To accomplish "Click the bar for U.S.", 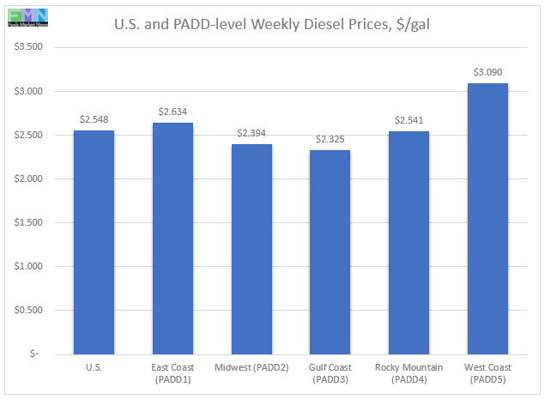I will click(94, 242).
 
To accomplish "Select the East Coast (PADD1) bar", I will click(172, 238).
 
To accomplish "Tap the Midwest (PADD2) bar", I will click(251, 249).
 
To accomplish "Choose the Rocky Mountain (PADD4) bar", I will click(409, 242).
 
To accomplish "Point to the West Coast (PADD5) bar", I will click(487, 218).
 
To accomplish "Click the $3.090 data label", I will click(487, 72).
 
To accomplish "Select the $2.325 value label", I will click(330, 139).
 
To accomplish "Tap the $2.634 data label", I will click(172, 112).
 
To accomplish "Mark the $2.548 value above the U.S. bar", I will click(94, 119).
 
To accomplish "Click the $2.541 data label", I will click(409, 120).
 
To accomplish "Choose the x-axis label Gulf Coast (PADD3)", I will click(330, 373).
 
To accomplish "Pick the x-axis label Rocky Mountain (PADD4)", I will click(409, 373).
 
